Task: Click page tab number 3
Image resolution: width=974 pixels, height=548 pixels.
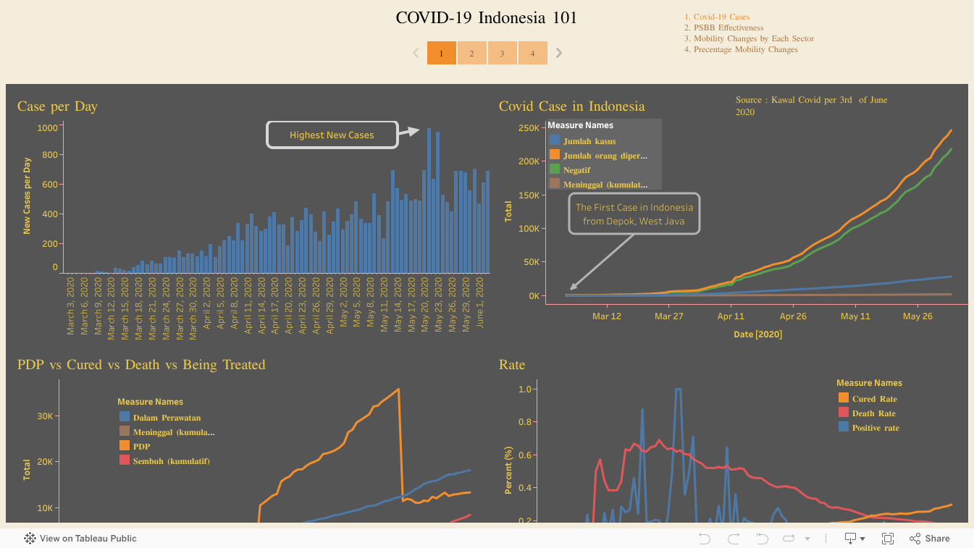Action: [x=502, y=53]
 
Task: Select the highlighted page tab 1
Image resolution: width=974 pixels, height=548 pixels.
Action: [x=441, y=53]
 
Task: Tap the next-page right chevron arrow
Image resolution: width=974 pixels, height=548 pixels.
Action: [x=559, y=53]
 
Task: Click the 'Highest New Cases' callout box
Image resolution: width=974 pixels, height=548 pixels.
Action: [x=332, y=135]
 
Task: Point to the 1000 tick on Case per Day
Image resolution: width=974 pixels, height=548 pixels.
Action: [x=47, y=128]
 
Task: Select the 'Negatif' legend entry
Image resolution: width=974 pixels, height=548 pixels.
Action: [x=576, y=170]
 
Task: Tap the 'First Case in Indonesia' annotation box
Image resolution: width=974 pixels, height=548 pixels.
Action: [x=634, y=214]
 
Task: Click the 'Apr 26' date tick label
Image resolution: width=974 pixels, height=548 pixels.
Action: [x=793, y=316]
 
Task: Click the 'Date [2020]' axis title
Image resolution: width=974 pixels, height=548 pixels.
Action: [x=757, y=334]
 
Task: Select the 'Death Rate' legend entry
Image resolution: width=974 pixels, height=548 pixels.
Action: [x=873, y=413]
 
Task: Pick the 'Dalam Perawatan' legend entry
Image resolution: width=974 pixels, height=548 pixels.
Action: [x=167, y=418]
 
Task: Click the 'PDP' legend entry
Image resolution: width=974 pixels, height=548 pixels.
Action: [x=141, y=447]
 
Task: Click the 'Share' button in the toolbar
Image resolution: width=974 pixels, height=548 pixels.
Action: [x=930, y=539]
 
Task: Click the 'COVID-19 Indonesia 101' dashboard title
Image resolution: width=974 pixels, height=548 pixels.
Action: [x=487, y=18]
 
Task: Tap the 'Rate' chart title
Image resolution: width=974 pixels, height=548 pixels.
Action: [x=512, y=365]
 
